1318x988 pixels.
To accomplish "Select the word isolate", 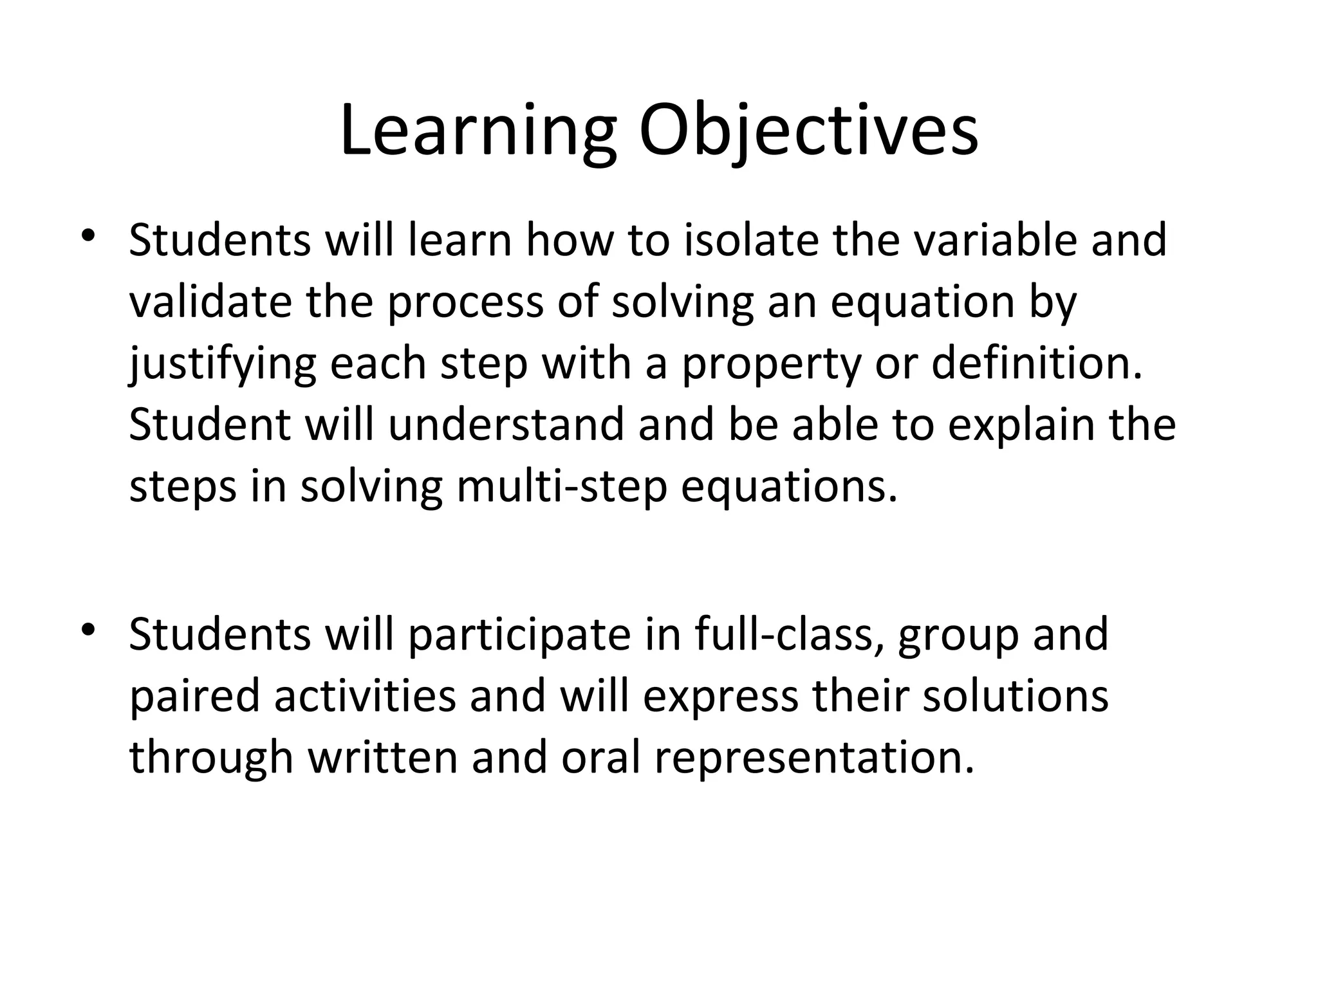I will [750, 240].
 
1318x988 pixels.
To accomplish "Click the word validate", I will [210, 302].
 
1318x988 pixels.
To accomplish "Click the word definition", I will [1037, 363].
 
